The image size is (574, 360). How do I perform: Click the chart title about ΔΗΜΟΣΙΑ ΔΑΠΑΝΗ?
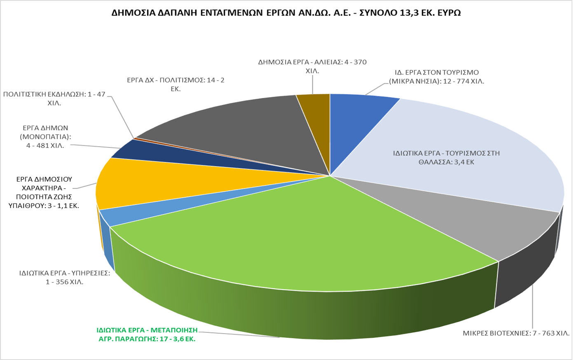(286, 13)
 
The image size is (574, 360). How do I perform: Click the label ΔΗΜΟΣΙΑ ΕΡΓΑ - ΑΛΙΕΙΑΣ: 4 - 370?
(312, 66)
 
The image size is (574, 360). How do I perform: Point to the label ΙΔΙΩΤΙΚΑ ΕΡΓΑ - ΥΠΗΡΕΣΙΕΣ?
(64, 278)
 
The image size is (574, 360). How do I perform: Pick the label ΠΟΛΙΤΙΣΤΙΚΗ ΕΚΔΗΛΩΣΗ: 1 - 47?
(54, 99)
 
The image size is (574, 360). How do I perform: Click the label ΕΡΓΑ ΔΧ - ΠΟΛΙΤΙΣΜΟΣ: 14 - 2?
(176, 84)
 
